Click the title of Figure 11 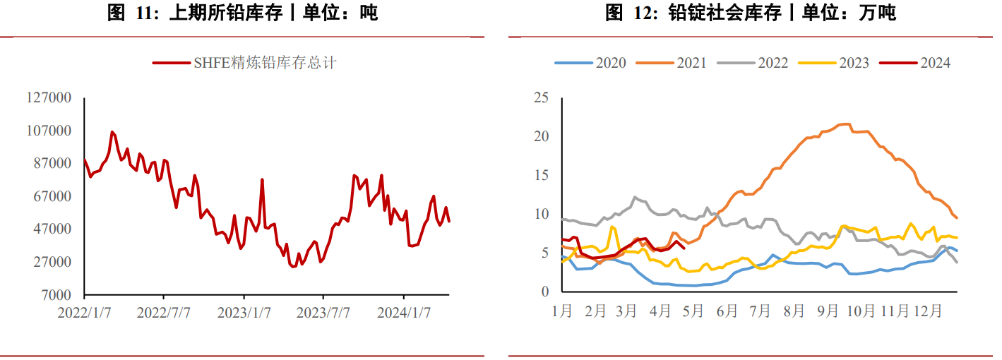pos(242,13)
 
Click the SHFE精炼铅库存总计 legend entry pos(244,63)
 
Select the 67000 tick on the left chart pos(52,196)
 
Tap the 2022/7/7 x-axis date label pos(164,312)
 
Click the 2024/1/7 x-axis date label pos(403,312)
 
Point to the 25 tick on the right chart pos(541,97)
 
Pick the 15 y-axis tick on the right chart pos(541,175)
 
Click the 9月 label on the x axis pos(826,311)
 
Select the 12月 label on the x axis pos(927,311)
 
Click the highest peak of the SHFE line pos(112,131)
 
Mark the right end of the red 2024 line pos(684,247)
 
